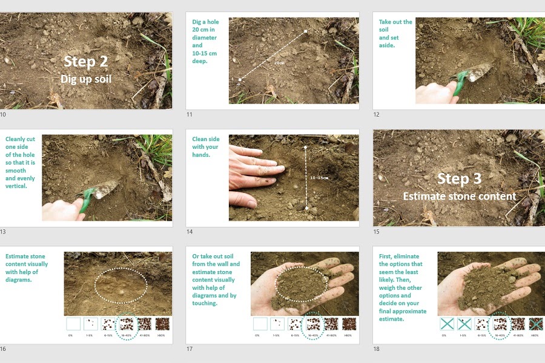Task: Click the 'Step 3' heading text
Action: coord(460,178)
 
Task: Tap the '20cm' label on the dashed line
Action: coord(279,62)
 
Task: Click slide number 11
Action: coord(189,114)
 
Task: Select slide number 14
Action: coord(189,232)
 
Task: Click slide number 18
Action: coord(375,349)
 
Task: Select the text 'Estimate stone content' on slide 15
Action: coord(460,196)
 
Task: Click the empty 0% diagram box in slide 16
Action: coord(73,324)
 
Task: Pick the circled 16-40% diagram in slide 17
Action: coord(313,324)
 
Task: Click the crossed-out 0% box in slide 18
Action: coord(447,324)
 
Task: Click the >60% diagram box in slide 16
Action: coord(162,324)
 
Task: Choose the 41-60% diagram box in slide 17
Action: coord(331,324)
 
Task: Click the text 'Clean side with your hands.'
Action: coord(205,147)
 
